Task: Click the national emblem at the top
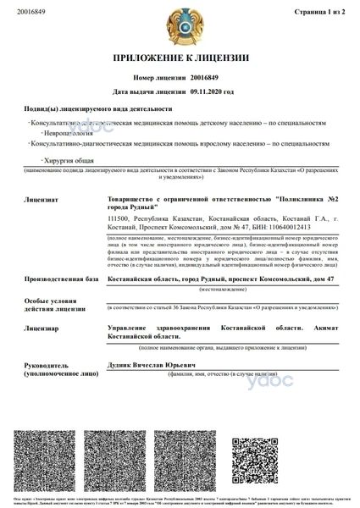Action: coord(180,21)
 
